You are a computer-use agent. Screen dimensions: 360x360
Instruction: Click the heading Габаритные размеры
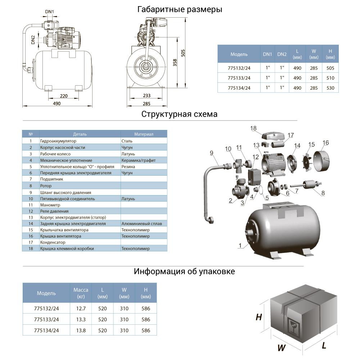tap(180, 10)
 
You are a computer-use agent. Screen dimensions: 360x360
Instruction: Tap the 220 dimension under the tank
tap(64, 96)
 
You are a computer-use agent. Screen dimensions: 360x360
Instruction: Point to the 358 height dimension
tap(175, 62)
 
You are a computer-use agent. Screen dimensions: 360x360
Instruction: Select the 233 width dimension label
tap(146, 96)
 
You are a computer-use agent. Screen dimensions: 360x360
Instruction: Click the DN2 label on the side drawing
tap(32, 40)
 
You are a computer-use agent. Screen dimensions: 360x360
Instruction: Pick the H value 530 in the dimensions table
tap(330, 88)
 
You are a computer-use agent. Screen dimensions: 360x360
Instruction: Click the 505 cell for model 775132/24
tap(330, 68)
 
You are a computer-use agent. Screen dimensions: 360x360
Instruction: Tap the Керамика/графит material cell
tap(137, 160)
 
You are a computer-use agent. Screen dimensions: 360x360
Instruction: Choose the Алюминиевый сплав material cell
tap(141, 224)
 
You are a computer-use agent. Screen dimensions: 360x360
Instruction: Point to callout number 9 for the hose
tap(212, 153)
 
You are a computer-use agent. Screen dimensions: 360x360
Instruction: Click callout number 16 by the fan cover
tap(325, 143)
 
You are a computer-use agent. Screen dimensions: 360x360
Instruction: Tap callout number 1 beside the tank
tap(239, 246)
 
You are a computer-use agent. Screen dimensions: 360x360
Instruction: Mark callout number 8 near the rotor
tap(323, 193)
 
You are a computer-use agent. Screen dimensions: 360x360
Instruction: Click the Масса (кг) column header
tap(81, 293)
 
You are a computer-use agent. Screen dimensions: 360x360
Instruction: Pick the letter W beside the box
tap(282, 347)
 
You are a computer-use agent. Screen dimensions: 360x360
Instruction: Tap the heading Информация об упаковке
tap(184, 271)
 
